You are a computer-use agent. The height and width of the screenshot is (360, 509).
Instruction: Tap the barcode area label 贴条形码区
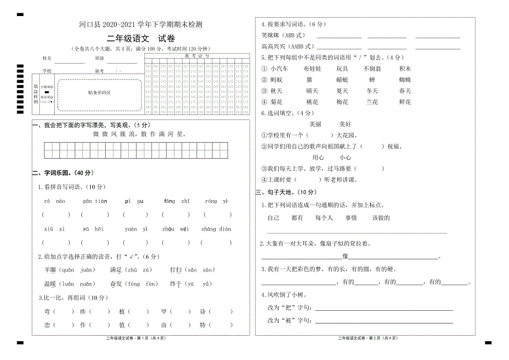(100, 92)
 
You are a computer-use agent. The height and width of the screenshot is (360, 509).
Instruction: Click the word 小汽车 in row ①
(279, 69)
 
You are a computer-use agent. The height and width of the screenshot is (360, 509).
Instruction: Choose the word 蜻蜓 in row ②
(342, 80)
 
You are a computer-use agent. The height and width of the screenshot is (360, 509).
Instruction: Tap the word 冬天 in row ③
(372, 91)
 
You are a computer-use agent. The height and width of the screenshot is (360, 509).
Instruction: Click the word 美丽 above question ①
(315, 124)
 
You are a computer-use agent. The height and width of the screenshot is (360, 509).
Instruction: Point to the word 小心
(345, 158)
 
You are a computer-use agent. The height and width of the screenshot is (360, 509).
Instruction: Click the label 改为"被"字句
(289, 321)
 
